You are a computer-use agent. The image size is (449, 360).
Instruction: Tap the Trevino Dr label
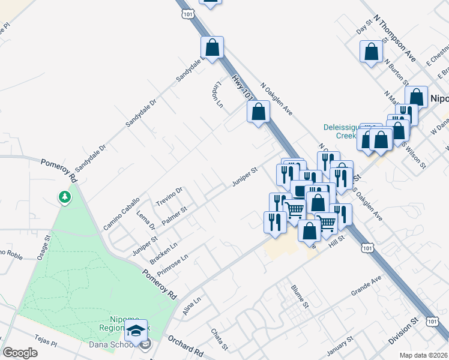point(169,196)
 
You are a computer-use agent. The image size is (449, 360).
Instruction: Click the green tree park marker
point(64,197)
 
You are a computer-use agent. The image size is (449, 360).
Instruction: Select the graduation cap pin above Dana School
point(136,329)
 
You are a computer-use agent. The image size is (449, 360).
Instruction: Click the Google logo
point(20,353)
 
